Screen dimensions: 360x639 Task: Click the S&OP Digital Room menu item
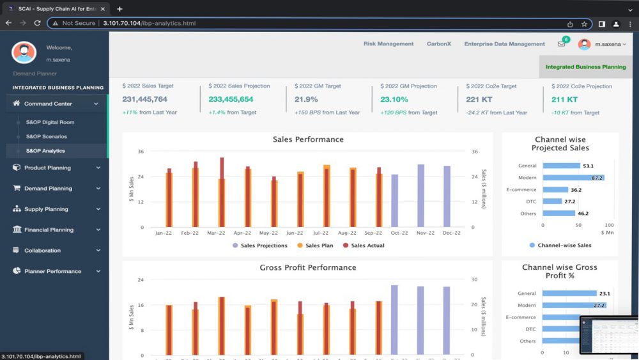coord(50,121)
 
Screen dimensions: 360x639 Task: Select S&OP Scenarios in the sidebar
coord(46,136)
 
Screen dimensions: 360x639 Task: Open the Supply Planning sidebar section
coord(46,209)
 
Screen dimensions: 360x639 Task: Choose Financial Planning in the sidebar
coord(49,230)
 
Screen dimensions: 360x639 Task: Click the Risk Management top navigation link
coord(389,44)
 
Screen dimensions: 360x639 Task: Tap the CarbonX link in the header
coord(438,44)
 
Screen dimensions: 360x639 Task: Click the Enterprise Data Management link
coord(504,44)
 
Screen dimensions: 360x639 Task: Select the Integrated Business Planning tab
coord(585,67)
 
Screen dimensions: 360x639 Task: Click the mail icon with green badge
coord(562,44)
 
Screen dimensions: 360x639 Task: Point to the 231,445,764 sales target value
coord(144,100)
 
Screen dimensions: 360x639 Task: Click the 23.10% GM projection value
coord(394,100)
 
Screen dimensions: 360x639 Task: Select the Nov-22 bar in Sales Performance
coord(421,195)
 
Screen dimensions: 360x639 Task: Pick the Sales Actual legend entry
coord(367,246)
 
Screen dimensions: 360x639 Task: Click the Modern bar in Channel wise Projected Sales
coord(573,178)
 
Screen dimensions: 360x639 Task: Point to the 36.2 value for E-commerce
coord(576,190)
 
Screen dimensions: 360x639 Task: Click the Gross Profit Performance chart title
coord(308,267)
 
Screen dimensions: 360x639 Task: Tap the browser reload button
coord(38,24)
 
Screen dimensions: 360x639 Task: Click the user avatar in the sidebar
coord(24,52)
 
